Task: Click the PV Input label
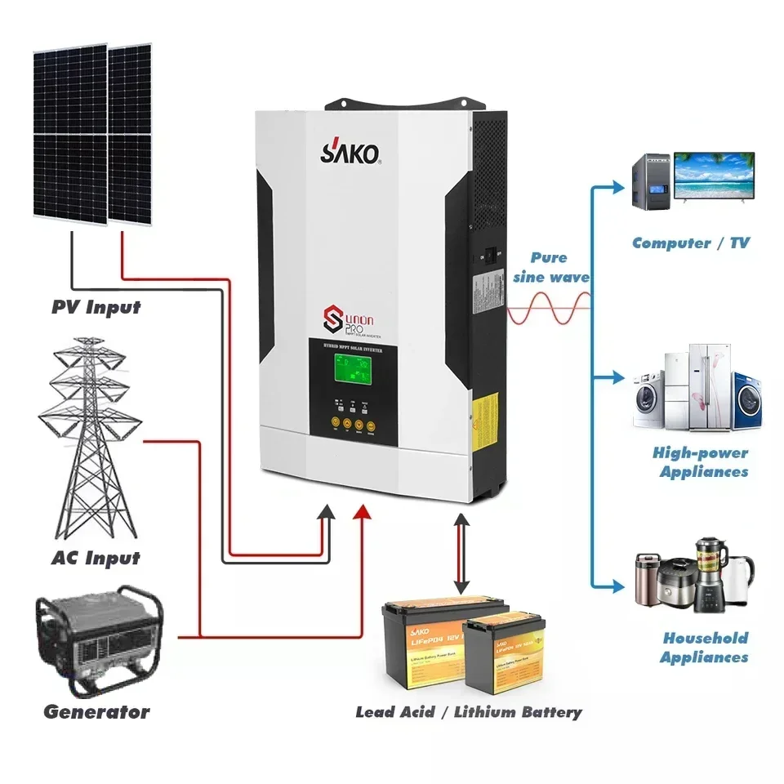[96, 308]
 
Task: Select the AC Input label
[95, 559]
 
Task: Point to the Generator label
[96, 711]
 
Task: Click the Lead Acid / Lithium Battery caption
[469, 712]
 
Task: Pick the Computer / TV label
[690, 243]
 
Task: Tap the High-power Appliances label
[701, 462]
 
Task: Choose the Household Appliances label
[704, 648]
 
